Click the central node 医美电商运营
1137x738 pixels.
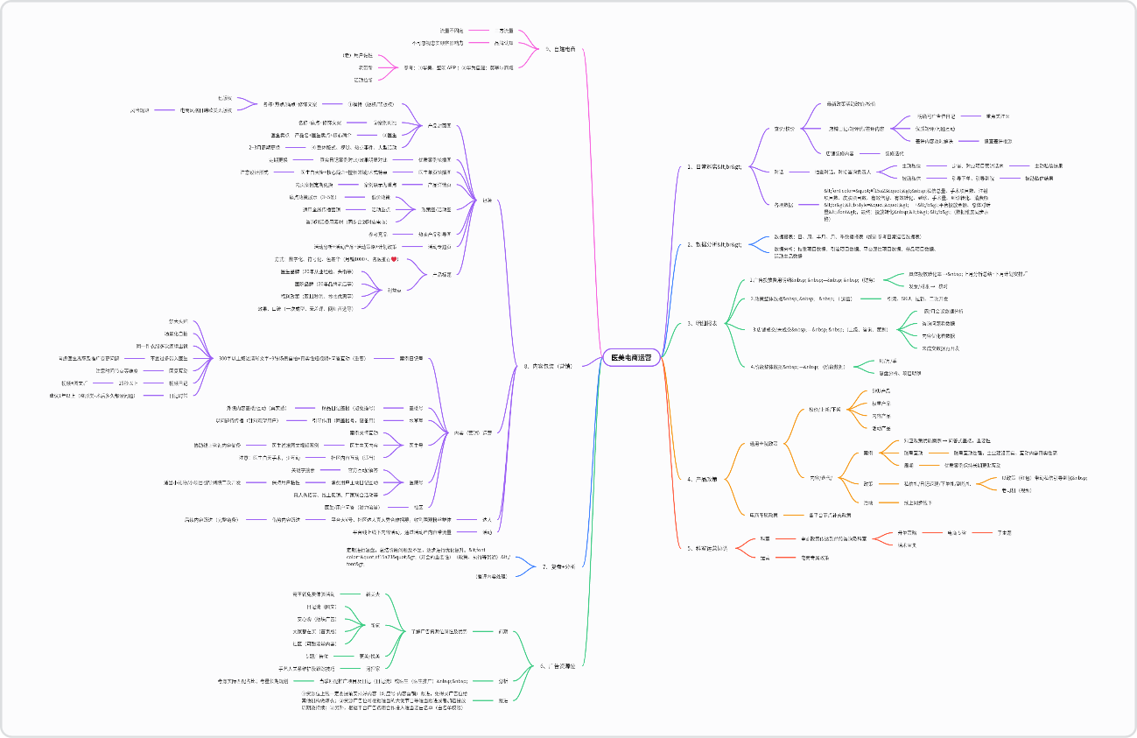(630, 357)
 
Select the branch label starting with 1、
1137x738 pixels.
(714, 167)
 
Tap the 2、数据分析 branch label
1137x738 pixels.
(714, 244)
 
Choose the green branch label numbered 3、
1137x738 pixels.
(702, 323)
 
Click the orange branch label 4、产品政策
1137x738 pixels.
(702, 479)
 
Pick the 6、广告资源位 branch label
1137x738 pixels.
(557, 666)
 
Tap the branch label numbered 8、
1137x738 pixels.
(555, 366)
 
